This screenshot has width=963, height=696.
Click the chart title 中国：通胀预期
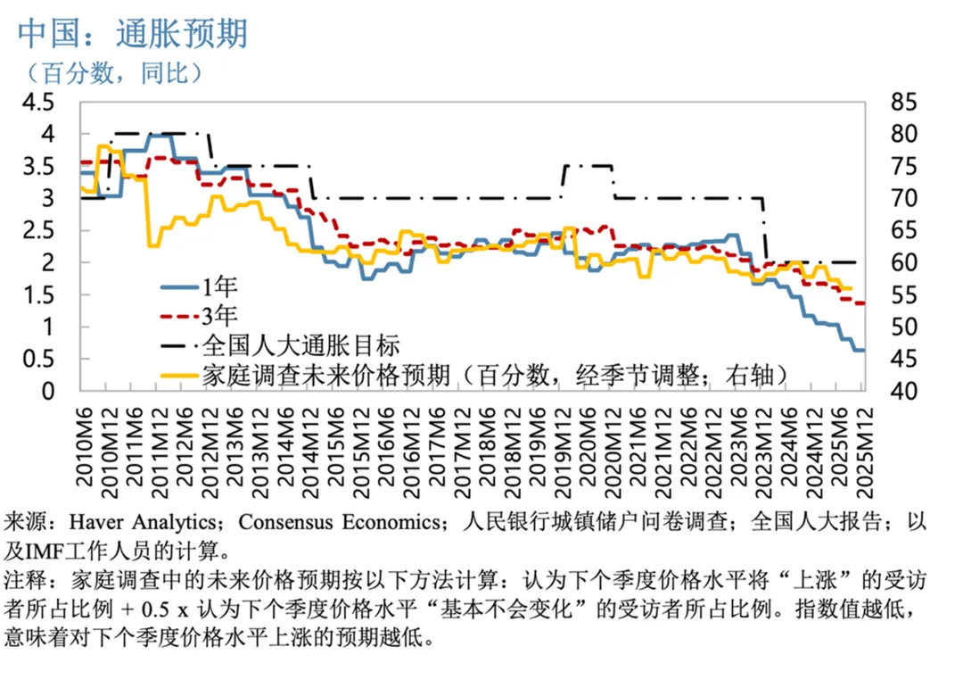(x=133, y=34)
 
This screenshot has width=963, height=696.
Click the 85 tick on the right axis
(x=905, y=102)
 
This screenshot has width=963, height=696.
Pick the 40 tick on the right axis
(x=905, y=391)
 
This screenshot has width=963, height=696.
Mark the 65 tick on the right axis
(x=905, y=230)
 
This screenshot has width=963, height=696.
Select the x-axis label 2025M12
(x=862, y=451)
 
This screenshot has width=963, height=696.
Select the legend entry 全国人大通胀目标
(x=300, y=344)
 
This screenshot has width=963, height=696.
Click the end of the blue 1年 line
(x=862, y=350)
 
